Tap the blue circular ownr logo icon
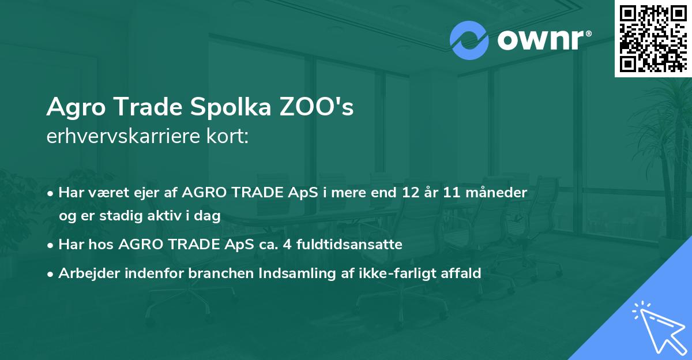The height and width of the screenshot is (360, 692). (469, 40)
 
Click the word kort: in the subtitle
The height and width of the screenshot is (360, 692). (229, 137)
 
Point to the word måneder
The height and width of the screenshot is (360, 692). (498, 193)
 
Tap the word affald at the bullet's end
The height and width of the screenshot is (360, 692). (460, 273)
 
